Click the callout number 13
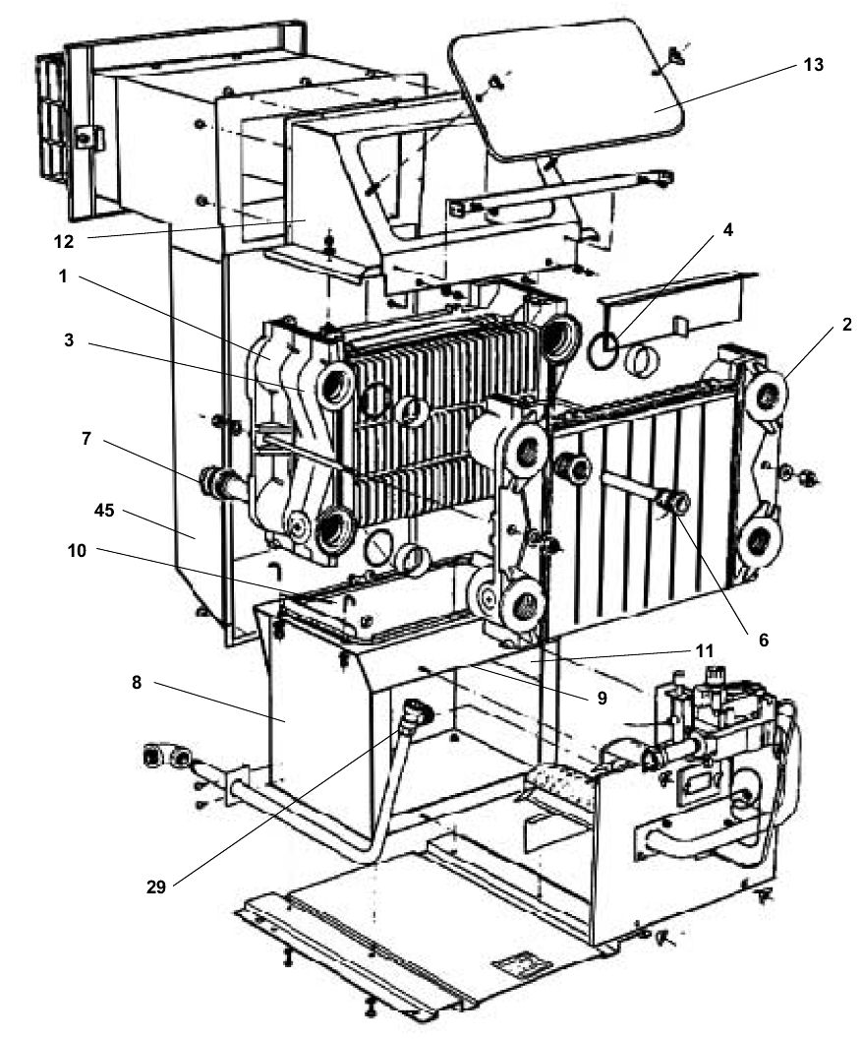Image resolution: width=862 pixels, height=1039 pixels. click(811, 66)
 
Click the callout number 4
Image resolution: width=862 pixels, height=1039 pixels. click(727, 231)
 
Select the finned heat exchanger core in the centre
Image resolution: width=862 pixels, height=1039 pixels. click(442, 403)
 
